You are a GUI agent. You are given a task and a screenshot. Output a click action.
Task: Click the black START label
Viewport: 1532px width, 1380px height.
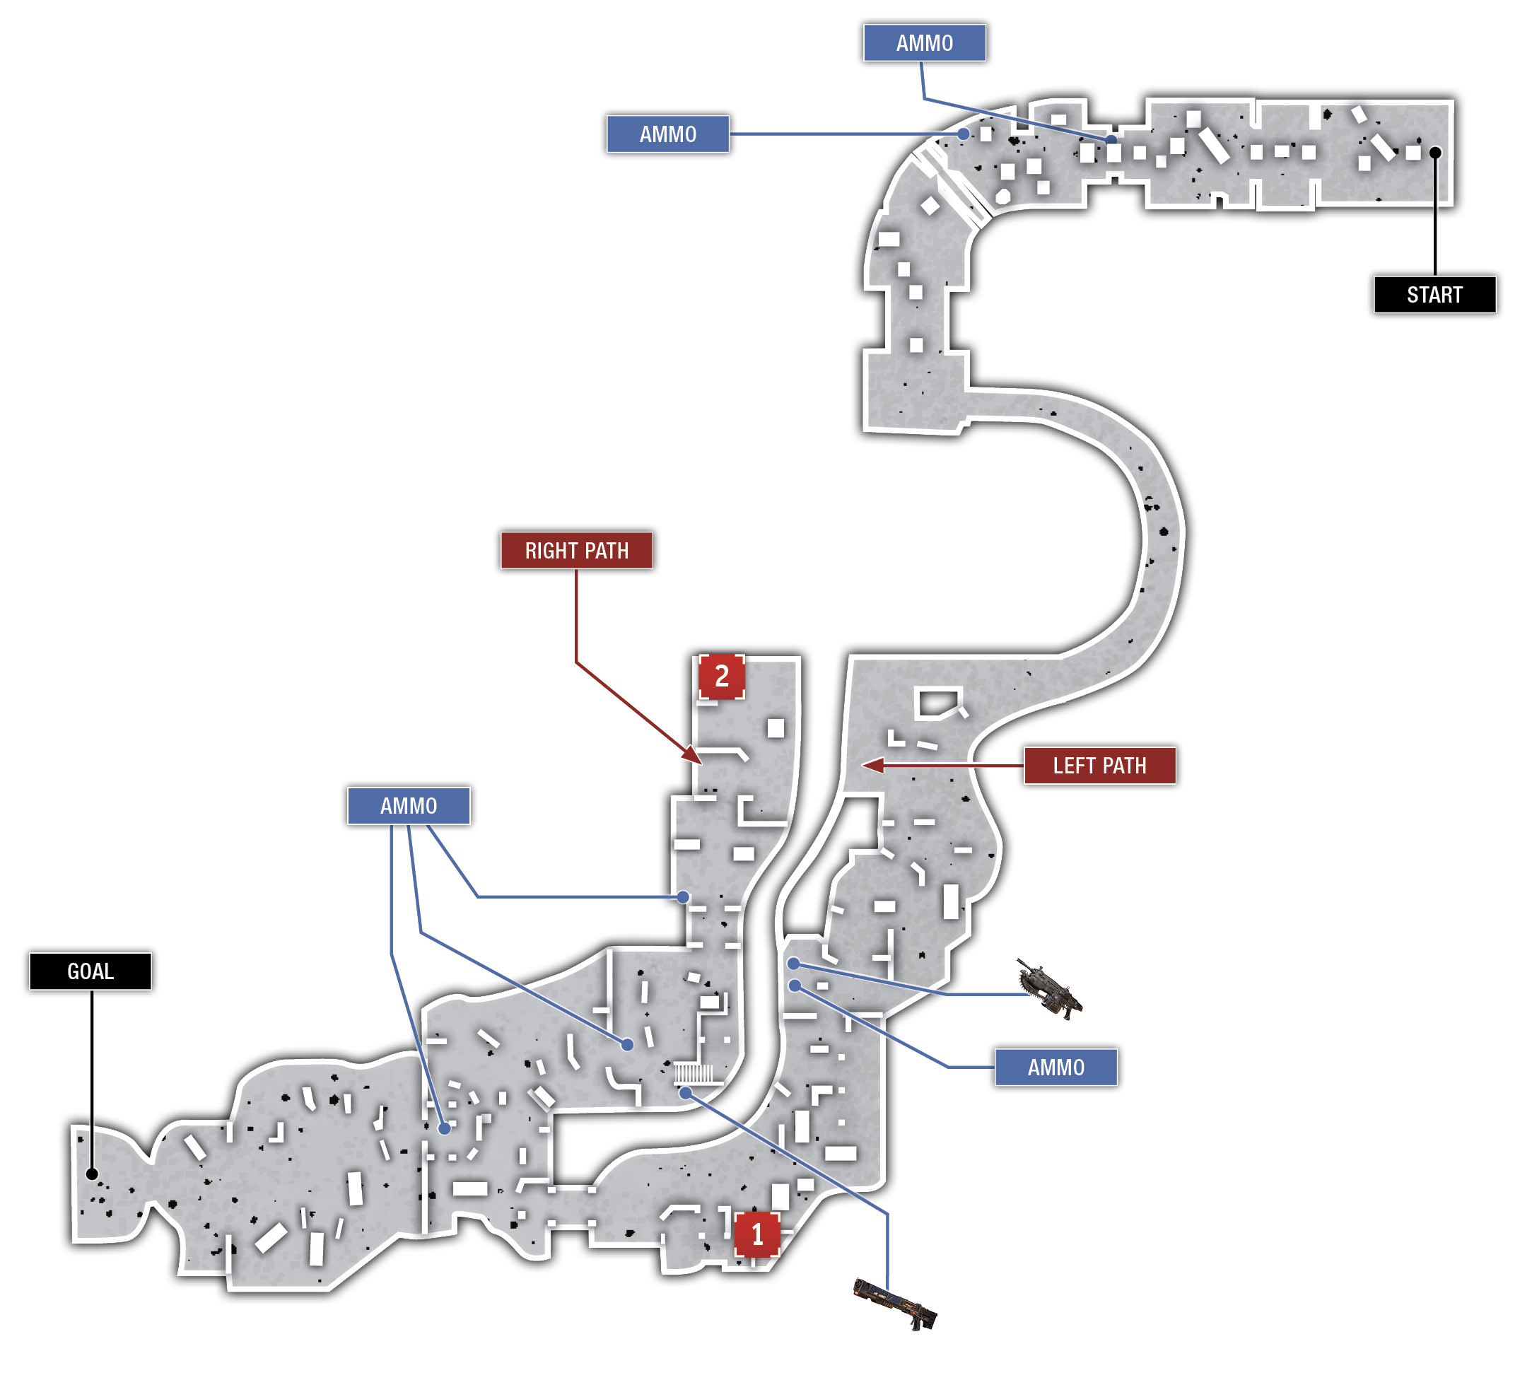(x=1434, y=294)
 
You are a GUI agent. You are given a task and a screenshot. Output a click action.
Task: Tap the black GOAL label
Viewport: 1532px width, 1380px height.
(x=90, y=971)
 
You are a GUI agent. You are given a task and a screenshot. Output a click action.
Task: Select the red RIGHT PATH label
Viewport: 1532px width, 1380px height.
(x=576, y=551)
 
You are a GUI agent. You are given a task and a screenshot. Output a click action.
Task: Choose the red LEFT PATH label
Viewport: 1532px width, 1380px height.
(x=1099, y=766)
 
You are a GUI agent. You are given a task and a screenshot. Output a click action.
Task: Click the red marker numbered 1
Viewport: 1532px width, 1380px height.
(x=756, y=1234)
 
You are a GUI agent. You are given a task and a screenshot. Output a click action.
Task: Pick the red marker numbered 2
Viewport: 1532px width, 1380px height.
(x=721, y=676)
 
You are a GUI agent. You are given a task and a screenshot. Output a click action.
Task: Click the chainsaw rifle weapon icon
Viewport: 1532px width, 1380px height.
(x=1049, y=989)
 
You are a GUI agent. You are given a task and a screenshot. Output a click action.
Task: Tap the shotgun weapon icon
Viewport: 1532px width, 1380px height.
(x=895, y=1303)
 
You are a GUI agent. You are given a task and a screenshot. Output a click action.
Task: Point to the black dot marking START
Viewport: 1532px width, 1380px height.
(x=1435, y=153)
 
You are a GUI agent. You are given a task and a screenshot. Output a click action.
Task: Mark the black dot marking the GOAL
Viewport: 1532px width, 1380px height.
(x=92, y=1174)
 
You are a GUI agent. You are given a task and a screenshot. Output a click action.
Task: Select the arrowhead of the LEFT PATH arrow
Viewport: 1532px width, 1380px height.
(x=872, y=765)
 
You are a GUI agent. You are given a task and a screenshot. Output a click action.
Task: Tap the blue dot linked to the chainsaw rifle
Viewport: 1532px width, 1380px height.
(x=793, y=964)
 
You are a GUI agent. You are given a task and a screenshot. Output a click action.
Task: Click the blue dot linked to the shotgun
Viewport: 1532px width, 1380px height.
(x=684, y=1093)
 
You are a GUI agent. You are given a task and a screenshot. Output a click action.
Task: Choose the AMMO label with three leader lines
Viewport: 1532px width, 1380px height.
(x=409, y=805)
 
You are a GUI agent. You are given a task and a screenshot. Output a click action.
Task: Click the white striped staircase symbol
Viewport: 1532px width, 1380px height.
(x=693, y=1074)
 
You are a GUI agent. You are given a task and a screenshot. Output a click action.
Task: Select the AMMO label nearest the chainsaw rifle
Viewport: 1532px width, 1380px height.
(x=1056, y=1068)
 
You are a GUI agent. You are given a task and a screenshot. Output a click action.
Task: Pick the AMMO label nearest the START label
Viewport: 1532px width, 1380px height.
(x=925, y=42)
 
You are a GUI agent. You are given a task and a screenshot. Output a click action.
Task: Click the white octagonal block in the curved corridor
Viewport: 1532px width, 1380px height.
(x=1002, y=197)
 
